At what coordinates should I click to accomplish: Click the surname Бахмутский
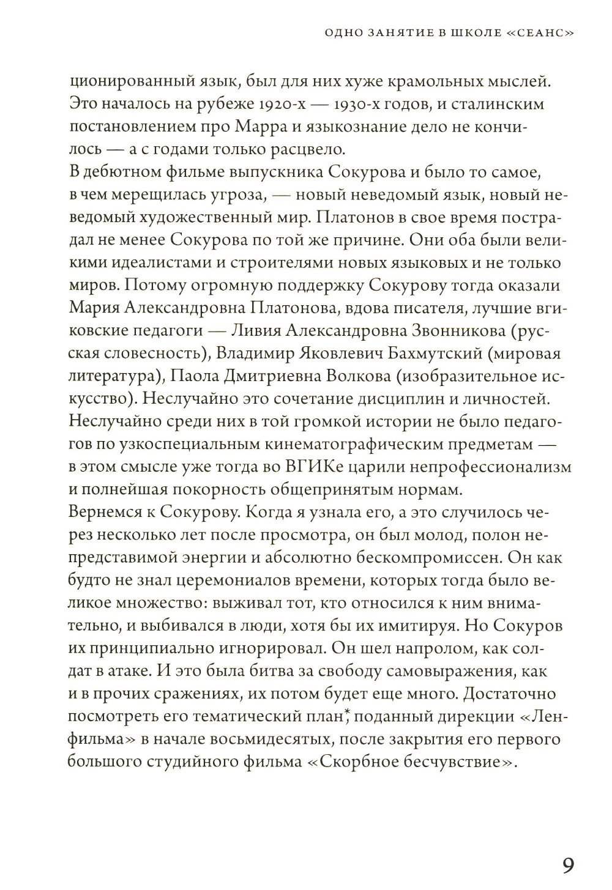434,353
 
